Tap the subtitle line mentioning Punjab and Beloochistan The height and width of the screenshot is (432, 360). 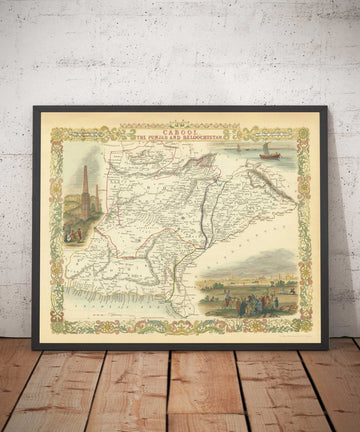pyautogui.click(x=180, y=136)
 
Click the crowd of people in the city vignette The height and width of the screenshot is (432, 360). pyautogui.click(x=245, y=298)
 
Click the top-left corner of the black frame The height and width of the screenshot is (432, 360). pyautogui.click(x=34, y=107)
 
